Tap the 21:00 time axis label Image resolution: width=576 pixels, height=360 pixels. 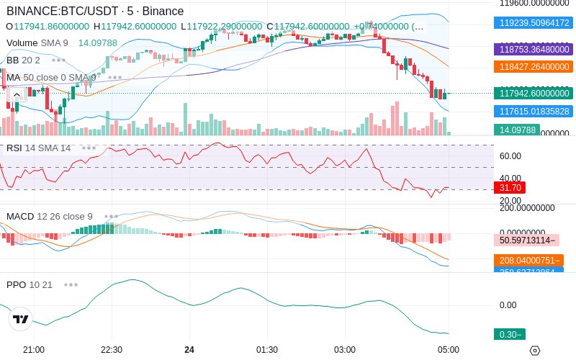tap(34, 350)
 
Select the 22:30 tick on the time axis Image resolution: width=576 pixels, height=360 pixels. tap(112, 350)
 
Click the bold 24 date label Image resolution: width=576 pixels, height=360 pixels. tap(189, 350)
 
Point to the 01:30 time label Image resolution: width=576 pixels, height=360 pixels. tap(267, 350)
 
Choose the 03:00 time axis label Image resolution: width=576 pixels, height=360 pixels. tap(345, 350)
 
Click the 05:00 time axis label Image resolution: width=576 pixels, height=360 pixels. tap(448, 350)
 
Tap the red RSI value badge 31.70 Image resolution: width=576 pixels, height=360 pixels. tap(510, 187)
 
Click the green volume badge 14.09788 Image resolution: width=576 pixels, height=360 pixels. tap(516, 130)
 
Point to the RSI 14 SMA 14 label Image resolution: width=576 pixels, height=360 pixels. tap(39, 148)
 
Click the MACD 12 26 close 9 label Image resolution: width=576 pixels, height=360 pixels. tap(50, 216)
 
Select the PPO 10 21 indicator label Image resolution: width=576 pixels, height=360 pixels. tap(30, 284)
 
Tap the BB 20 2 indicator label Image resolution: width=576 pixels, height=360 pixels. tap(23, 60)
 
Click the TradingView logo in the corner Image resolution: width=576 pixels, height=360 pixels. tap(21, 319)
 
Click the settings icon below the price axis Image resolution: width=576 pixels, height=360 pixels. tap(534, 350)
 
